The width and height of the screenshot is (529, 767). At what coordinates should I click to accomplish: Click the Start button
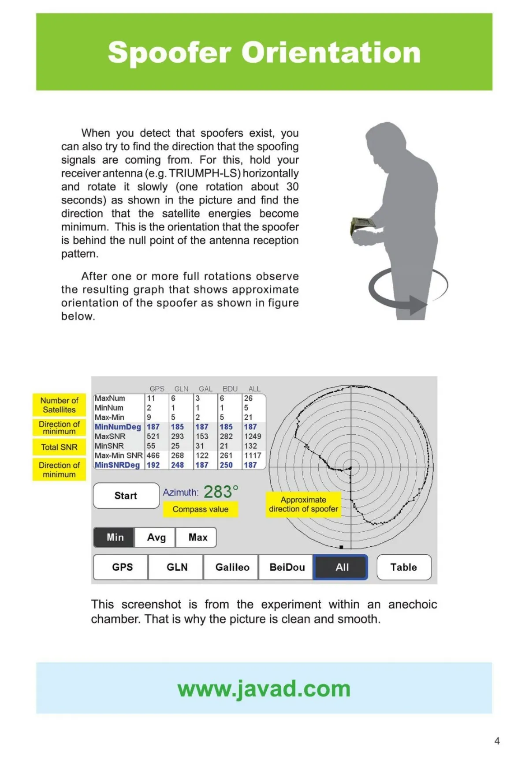coord(126,496)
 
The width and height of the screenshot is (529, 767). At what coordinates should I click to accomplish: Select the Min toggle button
coord(115,537)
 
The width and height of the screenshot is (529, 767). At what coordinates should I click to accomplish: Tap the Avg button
coord(156,537)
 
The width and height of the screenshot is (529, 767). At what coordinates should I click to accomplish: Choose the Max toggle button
coord(197,537)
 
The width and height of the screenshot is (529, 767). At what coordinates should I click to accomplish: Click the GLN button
coord(177,567)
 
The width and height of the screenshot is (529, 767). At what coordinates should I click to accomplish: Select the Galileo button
coord(232,567)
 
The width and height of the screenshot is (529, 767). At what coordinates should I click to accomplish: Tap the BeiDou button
coord(287,567)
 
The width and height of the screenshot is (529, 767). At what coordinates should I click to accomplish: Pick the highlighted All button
coord(341,567)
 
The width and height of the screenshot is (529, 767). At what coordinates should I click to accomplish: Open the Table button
coord(403,567)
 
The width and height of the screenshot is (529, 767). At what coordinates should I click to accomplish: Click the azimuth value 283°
coord(221,492)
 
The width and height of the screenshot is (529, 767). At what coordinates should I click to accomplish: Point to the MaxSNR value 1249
coord(253,436)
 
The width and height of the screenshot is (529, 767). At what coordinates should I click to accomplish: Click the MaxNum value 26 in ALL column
coord(249,398)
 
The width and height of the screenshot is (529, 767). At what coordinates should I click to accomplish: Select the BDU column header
coord(230,389)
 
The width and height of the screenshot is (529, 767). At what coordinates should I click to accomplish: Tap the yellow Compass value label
coord(200,509)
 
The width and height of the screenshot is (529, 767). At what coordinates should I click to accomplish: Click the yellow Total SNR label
coord(59,447)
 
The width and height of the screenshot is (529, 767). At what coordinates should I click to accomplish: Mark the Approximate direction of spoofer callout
coord(303,504)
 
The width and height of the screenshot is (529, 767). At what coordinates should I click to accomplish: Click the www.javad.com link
coord(264,688)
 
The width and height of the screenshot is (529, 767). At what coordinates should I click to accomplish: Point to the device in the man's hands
coord(363,226)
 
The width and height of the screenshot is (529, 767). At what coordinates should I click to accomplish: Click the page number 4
coord(497,741)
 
